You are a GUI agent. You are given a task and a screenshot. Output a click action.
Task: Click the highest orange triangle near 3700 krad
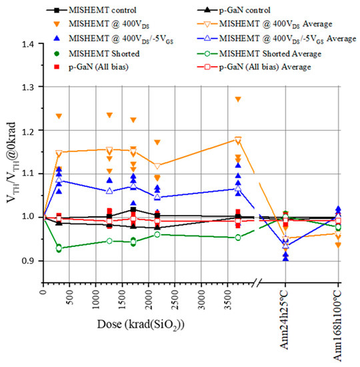[x=238, y=99]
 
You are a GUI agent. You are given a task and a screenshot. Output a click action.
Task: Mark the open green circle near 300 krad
[x=59, y=248]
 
